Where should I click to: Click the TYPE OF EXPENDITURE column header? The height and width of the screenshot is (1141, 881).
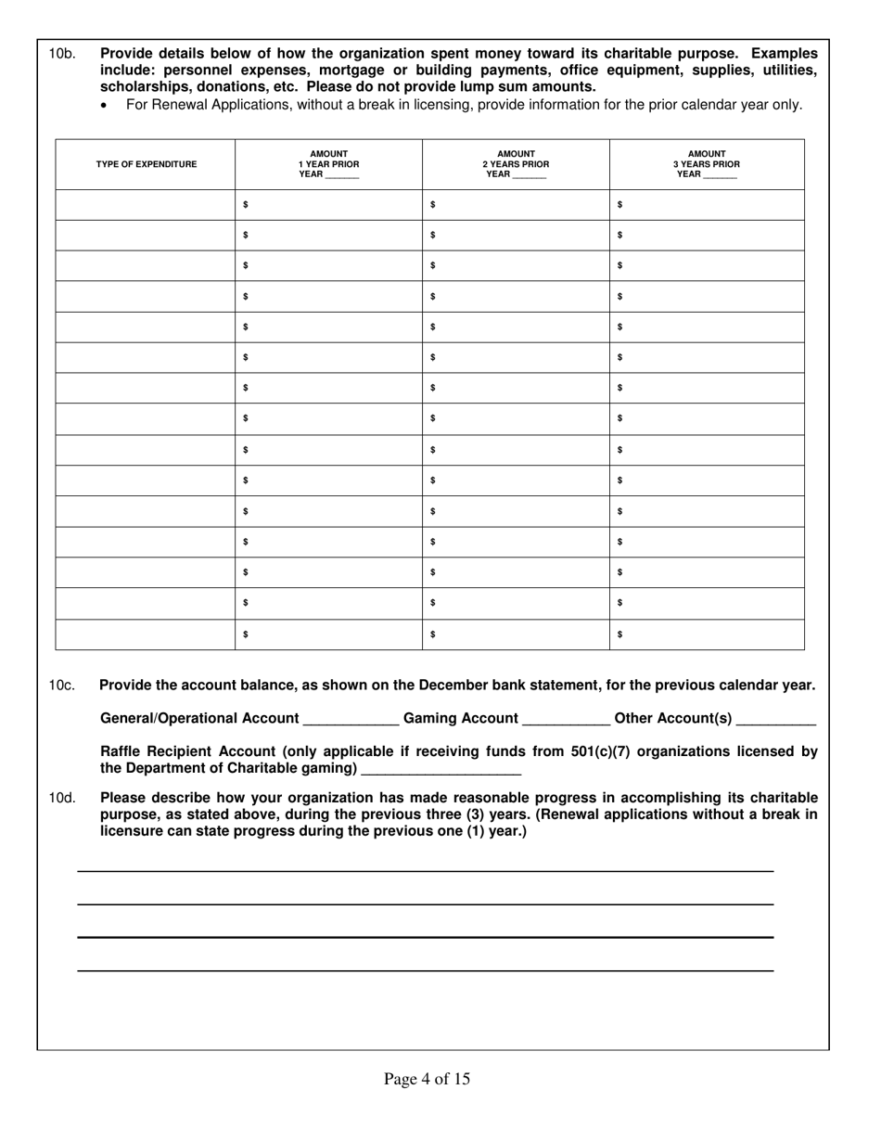point(146,164)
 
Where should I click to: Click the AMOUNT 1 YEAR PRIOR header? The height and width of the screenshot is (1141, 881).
point(328,164)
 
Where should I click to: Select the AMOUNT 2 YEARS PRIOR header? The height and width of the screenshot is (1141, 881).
point(516,164)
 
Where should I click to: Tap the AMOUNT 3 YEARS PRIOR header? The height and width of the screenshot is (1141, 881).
point(707,164)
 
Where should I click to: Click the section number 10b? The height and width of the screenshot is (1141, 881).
point(62,54)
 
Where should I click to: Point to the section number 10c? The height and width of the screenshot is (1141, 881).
point(62,686)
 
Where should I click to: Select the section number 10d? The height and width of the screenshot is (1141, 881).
point(62,798)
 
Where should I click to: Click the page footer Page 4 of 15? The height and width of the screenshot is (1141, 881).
point(427,1079)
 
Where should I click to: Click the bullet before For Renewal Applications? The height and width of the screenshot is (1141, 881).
point(104,106)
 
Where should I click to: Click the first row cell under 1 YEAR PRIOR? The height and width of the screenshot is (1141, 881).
point(328,204)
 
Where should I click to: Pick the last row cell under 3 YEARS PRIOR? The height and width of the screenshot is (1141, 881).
point(707,635)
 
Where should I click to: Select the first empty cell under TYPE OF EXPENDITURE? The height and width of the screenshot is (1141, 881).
point(146,204)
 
